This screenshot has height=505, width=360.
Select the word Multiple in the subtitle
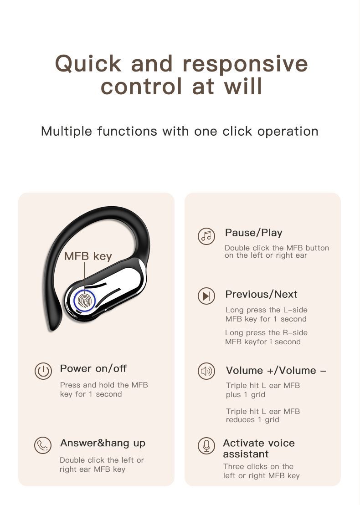pyautogui.click(x=67, y=131)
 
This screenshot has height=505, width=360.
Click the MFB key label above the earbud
pyautogui.click(x=88, y=256)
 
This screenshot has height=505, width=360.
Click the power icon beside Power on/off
pyautogui.click(x=43, y=371)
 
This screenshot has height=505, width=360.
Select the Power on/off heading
pyautogui.click(x=93, y=368)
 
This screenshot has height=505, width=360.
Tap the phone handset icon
pyautogui.click(x=43, y=445)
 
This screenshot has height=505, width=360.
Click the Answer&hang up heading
pyautogui.click(x=103, y=443)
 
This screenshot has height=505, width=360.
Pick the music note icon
pyautogui.click(x=206, y=236)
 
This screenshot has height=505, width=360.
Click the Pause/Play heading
pyautogui.click(x=254, y=233)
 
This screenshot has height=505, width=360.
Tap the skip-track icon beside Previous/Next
pyautogui.click(x=206, y=296)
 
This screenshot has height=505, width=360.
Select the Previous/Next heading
pyautogui.click(x=261, y=294)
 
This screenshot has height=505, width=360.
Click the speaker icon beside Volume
pyautogui.click(x=206, y=371)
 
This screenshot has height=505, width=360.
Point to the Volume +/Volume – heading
pyautogui.click(x=276, y=370)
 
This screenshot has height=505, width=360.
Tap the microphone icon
pyautogui.click(x=206, y=445)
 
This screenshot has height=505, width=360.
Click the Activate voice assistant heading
pyautogui.click(x=259, y=449)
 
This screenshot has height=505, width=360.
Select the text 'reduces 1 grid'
pyautogui.click(x=252, y=420)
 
